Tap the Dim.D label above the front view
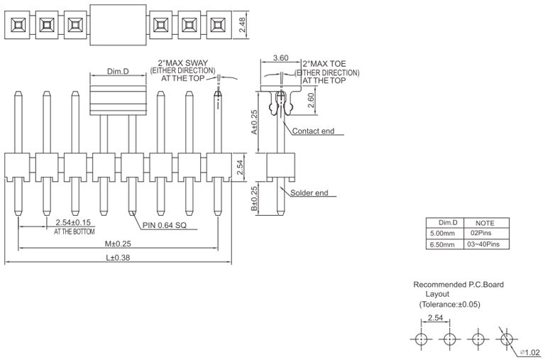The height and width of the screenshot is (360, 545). click(118, 72)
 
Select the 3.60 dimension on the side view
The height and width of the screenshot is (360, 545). click(280, 59)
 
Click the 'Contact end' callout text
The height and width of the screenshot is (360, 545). click(313, 131)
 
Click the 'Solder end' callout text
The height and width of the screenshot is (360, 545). click(308, 193)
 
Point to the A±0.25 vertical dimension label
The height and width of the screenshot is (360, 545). click(253, 122)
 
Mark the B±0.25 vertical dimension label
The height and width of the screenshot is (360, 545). click(253, 199)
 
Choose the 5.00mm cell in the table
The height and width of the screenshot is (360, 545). click(444, 233)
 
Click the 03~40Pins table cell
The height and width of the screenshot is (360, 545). click(483, 244)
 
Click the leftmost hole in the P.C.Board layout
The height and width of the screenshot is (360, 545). click(421, 339)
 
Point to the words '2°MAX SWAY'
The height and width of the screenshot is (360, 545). click(182, 63)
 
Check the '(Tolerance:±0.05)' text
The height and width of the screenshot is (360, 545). click(449, 304)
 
